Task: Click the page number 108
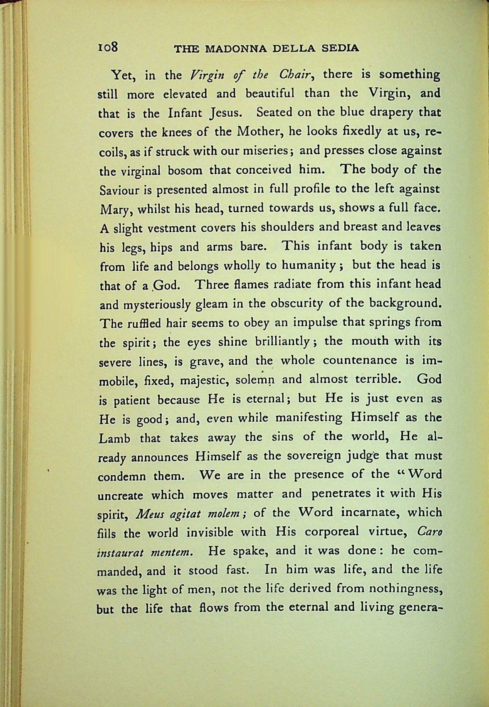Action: point(109,47)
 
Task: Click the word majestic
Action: point(200,380)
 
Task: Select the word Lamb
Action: point(115,438)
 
